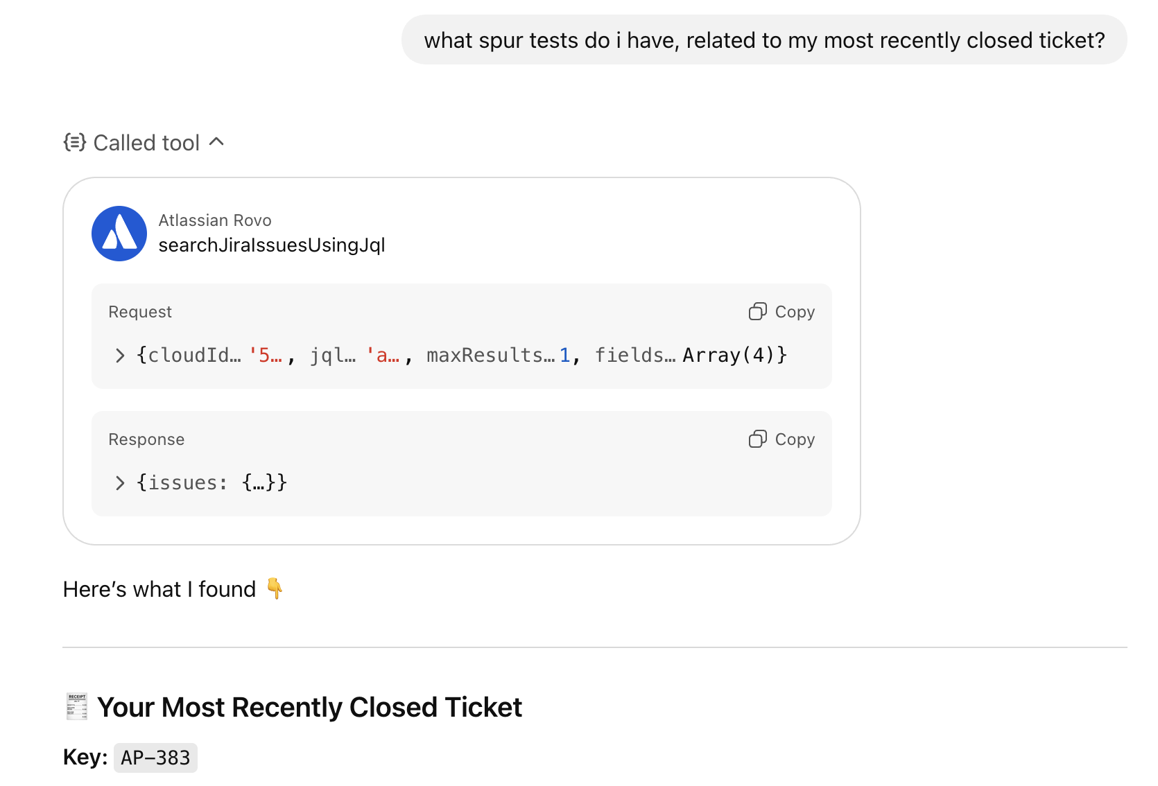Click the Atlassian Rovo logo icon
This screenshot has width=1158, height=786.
pos(119,234)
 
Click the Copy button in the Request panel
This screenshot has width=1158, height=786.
pos(781,312)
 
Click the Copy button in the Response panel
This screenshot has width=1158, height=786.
pos(781,439)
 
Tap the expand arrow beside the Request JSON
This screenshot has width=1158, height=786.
pos(120,356)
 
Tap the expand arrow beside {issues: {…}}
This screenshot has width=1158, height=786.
pos(120,483)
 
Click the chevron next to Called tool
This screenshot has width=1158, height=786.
pos(216,142)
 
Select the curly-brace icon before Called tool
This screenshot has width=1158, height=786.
pos(75,142)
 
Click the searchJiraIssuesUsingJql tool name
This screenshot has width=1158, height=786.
pos(271,245)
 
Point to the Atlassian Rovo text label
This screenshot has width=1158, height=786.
pos(215,220)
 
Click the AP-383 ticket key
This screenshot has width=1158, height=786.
pos(155,758)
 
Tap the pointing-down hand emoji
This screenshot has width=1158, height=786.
pos(275,588)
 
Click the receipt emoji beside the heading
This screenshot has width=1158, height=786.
pos(77,706)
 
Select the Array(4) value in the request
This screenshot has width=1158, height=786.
pos(727,356)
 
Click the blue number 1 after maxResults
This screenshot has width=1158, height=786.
pos(565,356)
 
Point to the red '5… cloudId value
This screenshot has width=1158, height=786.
pos(266,356)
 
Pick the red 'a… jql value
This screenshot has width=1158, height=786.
pos(383,356)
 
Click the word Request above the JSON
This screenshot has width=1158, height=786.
pos(140,312)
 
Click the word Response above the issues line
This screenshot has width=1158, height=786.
pos(146,439)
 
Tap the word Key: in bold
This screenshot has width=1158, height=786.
pos(85,757)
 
